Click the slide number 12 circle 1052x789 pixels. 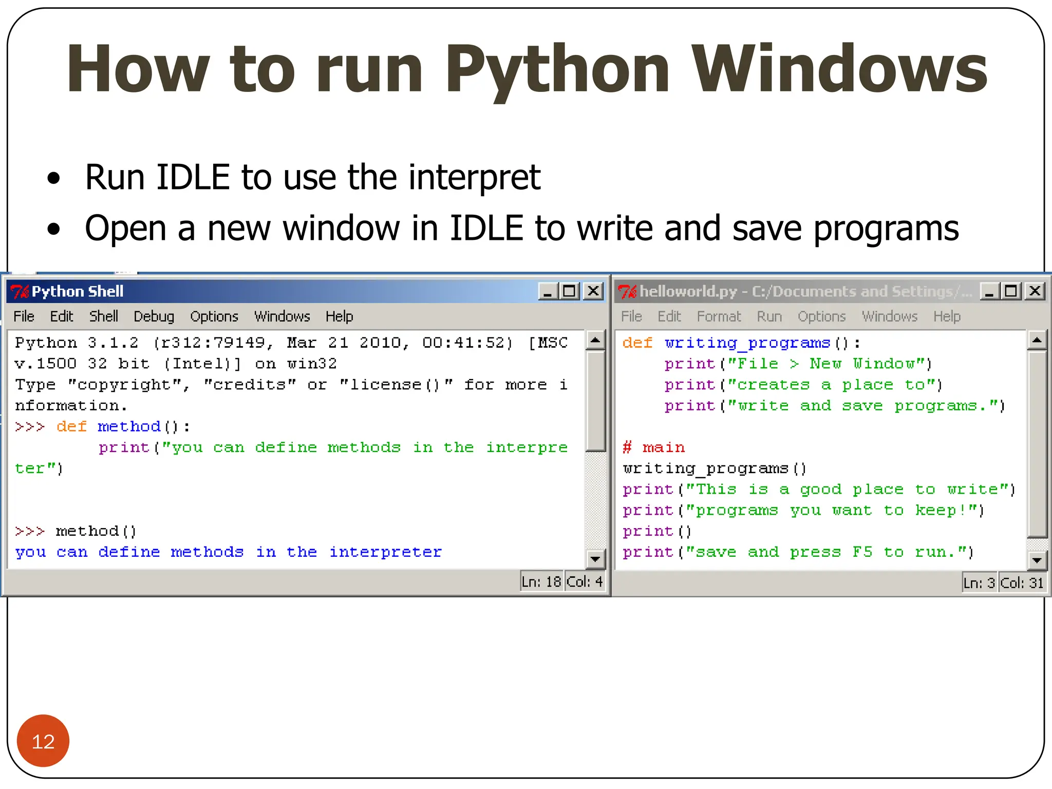pyautogui.click(x=43, y=741)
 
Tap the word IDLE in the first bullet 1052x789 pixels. pyautogui.click(x=193, y=177)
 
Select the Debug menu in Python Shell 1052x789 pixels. pyautogui.click(x=154, y=316)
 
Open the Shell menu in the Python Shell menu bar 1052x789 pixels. pyautogui.click(x=103, y=316)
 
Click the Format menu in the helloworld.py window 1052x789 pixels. pyautogui.click(x=719, y=316)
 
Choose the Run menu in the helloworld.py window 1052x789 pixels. pyautogui.click(x=769, y=316)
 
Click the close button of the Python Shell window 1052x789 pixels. pyautogui.click(x=593, y=291)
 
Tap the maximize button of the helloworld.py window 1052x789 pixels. pyautogui.click(x=1011, y=291)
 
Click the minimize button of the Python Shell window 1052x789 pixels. pyautogui.click(x=548, y=291)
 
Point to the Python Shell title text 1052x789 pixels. pyautogui.click(x=78, y=291)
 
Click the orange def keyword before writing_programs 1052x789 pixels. pyautogui.click(x=637, y=343)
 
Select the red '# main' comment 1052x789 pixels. pyautogui.click(x=653, y=447)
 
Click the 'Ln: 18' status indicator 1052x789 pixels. pyautogui.click(x=541, y=582)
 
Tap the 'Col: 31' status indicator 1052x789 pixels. pyautogui.click(x=1022, y=583)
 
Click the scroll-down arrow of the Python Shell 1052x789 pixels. pyautogui.click(x=595, y=558)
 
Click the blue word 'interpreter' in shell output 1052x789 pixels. pyautogui.click(x=385, y=552)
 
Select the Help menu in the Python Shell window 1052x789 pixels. pyautogui.click(x=339, y=316)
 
